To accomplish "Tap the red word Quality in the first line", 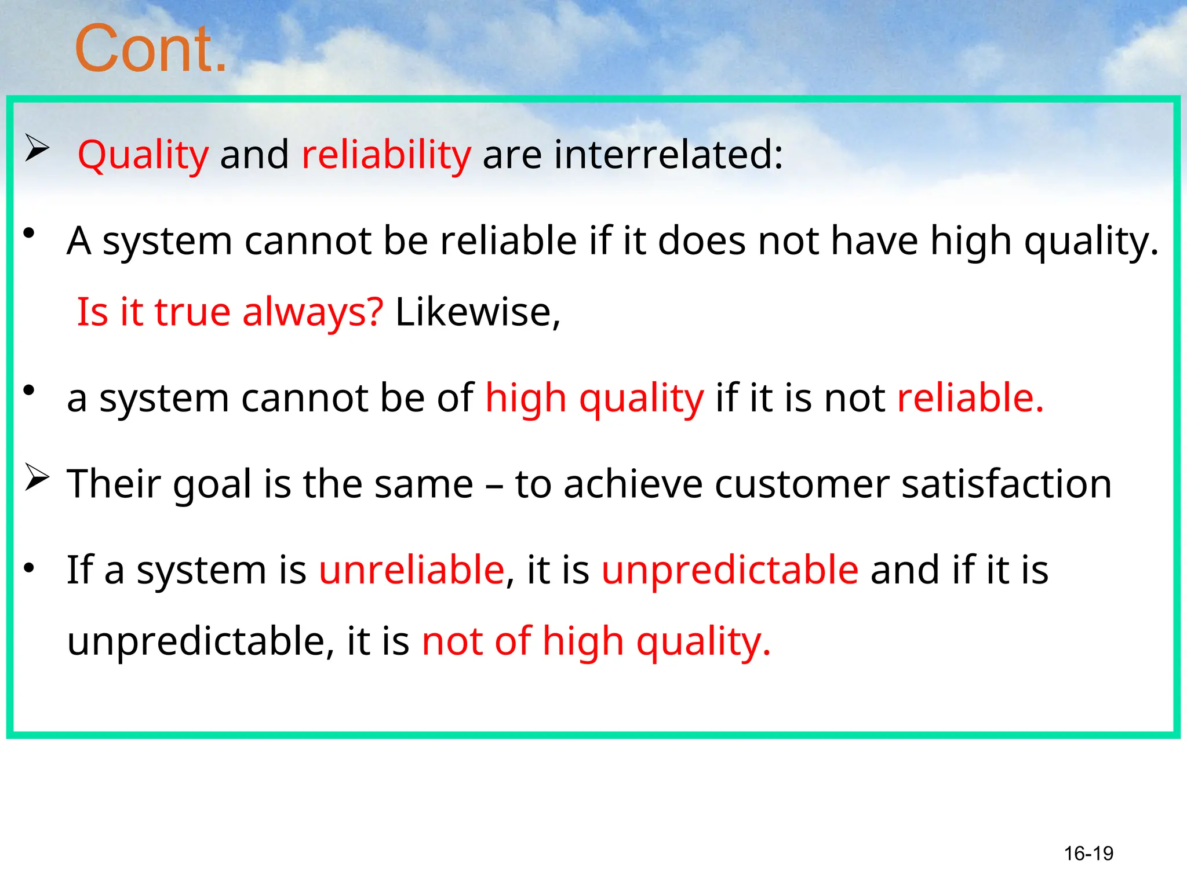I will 143,155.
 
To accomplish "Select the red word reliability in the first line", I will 386,155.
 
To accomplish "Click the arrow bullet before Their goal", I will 37,478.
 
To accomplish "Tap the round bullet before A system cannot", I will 29,234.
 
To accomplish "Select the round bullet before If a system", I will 29,568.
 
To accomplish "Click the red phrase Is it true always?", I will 230,313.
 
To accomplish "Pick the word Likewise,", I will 478,313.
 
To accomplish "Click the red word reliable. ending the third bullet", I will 970,399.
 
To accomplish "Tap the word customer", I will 802,484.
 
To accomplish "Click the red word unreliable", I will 412,570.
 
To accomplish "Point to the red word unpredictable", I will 730,570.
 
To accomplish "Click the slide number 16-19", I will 1088,853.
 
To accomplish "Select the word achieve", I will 633,484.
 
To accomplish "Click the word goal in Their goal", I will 212,484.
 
